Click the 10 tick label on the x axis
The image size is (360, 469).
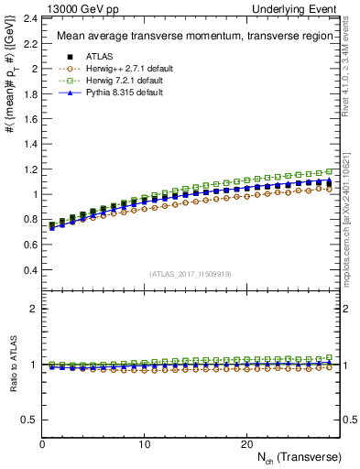(x=144, y=443)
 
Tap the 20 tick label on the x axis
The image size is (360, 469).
(x=245, y=443)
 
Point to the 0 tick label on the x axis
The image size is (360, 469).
(x=42, y=443)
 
